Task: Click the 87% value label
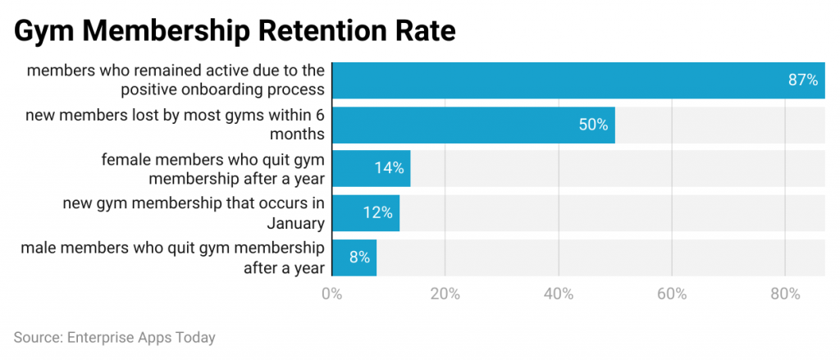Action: [x=802, y=80]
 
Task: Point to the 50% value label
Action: [x=591, y=125]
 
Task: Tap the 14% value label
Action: [x=388, y=168]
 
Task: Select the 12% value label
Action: [x=377, y=212]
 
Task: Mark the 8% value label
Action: [x=359, y=257]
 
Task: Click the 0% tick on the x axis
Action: [x=331, y=294]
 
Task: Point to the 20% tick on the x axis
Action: [x=445, y=294]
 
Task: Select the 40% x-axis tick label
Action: [x=558, y=294]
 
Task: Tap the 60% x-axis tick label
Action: [x=672, y=294]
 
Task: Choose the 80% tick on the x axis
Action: [x=785, y=294]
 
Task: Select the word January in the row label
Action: [x=295, y=222]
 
